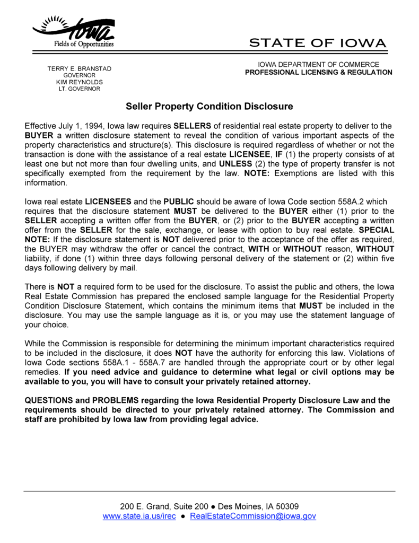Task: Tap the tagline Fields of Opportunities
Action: click(84, 43)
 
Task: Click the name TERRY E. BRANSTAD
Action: click(79, 69)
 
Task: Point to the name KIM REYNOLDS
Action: click(79, 82)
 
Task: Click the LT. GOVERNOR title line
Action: click(79, 89)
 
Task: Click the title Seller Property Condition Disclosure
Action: click(209, 107)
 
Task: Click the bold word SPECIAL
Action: click(377, 230)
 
